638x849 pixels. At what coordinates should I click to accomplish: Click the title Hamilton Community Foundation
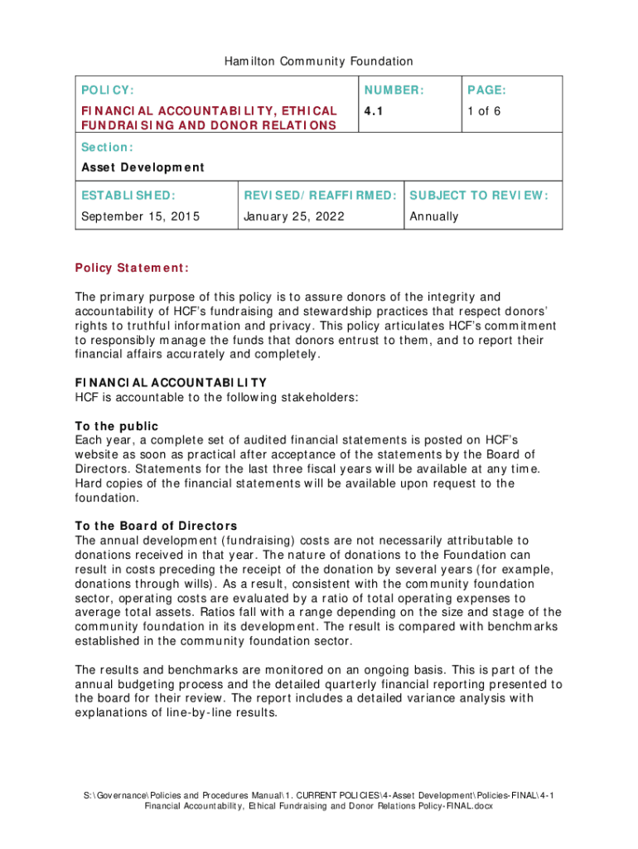point(318,61)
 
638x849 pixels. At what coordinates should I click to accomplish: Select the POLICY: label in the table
point(108,90)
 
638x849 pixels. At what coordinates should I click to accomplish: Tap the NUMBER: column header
point(394,90)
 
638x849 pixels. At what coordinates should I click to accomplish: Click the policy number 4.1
point(373,110)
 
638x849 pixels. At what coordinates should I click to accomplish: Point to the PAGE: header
point(486,90)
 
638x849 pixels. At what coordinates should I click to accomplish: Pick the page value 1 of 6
point(484,110)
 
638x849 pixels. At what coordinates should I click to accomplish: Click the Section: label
point(107,147)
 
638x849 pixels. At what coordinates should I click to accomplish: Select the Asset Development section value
point(142,167)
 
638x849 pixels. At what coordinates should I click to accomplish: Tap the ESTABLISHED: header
point(128,196)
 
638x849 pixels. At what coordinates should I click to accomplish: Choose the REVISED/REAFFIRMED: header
point(320,196)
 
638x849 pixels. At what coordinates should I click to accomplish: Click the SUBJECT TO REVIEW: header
point(479,196)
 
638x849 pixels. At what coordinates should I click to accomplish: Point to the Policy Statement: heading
point(132,268)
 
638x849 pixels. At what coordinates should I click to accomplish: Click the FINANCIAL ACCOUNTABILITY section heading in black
point(171,382)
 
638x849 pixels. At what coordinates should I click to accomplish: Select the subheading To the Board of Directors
point(156,526)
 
